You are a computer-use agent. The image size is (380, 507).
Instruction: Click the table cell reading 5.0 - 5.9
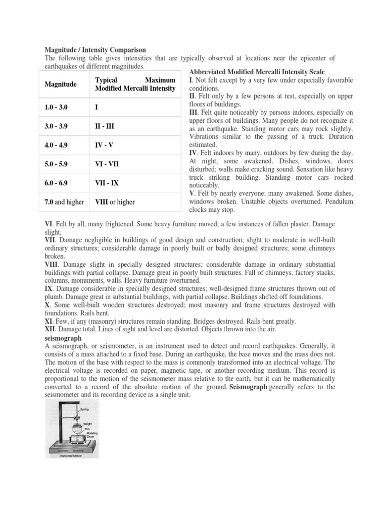pyautogui.click(x=58, y=163)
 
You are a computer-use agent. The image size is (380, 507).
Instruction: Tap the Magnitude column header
pyautogui.click(x=61, y=84)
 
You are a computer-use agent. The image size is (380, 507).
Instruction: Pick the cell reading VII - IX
pyautogui.click(x=107, y=183)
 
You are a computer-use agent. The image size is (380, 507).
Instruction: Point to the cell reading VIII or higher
pyautogui.click(x=114, y=202)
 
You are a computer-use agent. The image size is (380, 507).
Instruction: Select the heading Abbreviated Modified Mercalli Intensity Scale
pyautogui.click(x=257, y=72)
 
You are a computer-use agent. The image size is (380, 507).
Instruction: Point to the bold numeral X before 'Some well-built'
pyautogui.click(x=47, y=304)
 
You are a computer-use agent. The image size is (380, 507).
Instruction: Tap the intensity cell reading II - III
pyautogui.click(x=104, y=126)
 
